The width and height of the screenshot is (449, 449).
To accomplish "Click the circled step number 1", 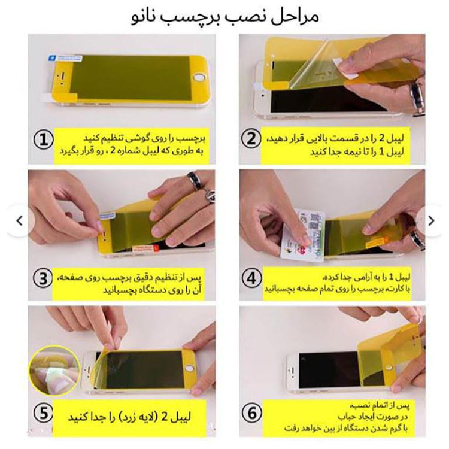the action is [x=44, y=140].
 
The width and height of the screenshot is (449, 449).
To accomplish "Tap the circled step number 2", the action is [x=251, y=139].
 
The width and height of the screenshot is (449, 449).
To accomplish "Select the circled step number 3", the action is [x=43, y=278].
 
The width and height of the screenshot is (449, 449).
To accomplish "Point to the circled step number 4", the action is [x=251, y=278].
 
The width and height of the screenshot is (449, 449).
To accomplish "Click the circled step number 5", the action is [x=43, y=413].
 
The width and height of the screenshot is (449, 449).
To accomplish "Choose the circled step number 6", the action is [x=252, y=413].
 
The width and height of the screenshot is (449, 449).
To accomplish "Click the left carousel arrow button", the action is [x=20, y=221].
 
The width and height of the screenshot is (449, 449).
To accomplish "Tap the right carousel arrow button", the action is [x=431, y=221].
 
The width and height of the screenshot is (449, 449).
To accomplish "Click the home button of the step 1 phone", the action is [x=199, y=78].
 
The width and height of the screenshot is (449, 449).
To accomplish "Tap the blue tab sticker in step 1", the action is [x=66, y=58].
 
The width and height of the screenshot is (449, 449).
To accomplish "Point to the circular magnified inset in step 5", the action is [x=54, y=371].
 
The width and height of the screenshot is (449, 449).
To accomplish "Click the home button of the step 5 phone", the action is [x=189, y=369].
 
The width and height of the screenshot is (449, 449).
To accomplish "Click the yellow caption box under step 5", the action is [x=129, y=418].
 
